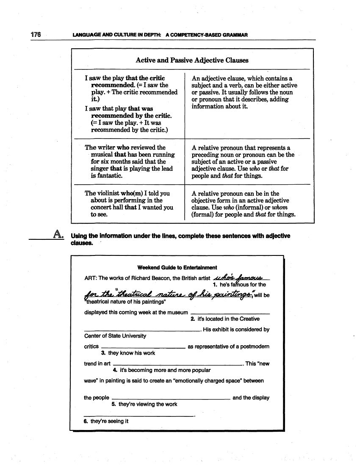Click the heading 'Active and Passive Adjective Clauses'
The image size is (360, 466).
coord(192,60)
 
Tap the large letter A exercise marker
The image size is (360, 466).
coord(59,234)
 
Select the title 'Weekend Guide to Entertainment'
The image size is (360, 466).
coord(177,267)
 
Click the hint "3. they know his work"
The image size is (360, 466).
coord(128,353)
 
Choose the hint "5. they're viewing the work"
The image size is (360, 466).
coord(144,404)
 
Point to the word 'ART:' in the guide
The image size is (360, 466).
coord(91,278)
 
